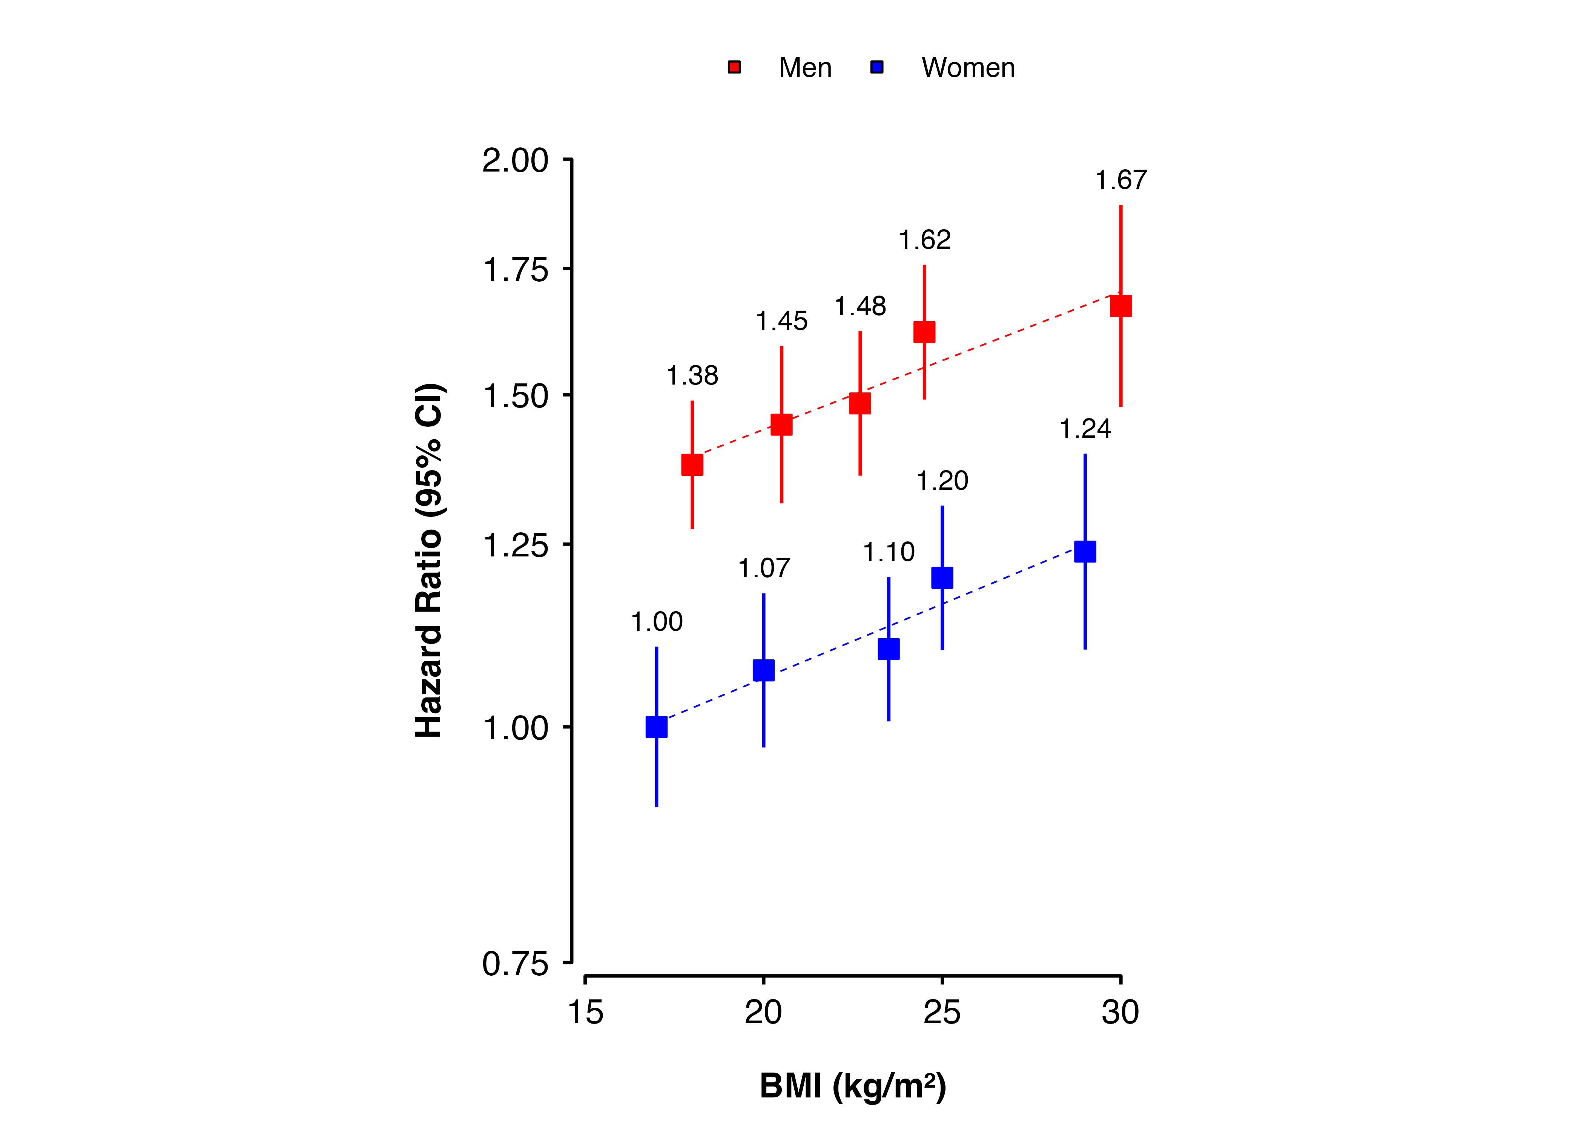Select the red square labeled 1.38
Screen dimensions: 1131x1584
(692, 464)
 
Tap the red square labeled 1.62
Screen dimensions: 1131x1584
(924, 332)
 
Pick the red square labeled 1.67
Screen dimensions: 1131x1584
(1121, 306)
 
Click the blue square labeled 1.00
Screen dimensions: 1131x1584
(656, 726)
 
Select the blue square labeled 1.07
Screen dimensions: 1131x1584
(763, 670)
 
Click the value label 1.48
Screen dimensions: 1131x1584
(860, 307)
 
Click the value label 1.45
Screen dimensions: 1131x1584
(781, 321)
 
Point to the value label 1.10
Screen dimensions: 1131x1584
(889, 552)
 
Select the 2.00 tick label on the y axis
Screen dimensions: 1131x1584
(516, 161)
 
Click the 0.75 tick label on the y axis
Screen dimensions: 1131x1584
(516, 964)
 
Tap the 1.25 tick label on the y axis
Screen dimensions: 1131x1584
(516, 545)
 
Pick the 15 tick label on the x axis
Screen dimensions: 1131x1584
(585, 1012)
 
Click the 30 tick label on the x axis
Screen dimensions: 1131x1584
(1120, 1012)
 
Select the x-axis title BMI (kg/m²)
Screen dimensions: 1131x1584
(853, 1086)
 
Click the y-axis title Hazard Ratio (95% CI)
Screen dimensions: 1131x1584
(428, 561)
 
